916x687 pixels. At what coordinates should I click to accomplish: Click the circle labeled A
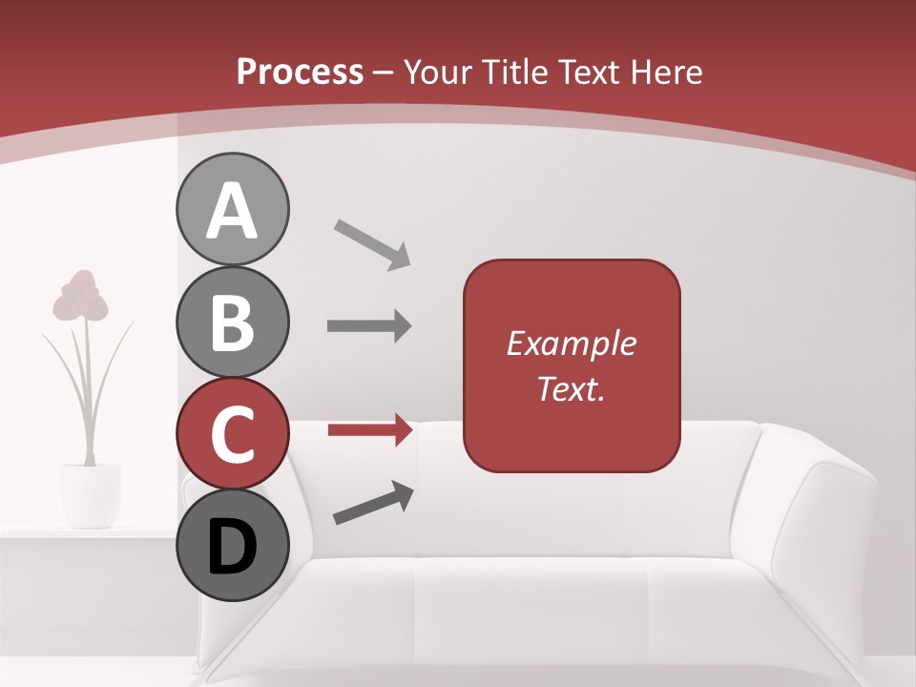[x=232, y=209]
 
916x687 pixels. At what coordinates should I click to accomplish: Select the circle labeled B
[x=232, y=322]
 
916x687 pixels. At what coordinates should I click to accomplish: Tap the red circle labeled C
[x=232, y=434]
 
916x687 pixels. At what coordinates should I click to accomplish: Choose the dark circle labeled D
[x=232, y=545]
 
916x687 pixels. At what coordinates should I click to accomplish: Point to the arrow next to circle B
[x=369, y=326]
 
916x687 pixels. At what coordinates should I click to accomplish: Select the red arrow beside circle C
[x=370, y=430]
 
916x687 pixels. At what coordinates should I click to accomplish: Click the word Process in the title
[x=300, y=73]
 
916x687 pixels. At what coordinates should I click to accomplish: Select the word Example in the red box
[x=572, y=343]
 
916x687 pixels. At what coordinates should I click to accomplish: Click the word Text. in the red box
[x=572, y=388]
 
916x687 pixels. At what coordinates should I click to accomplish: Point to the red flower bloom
[x=80, y=296]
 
